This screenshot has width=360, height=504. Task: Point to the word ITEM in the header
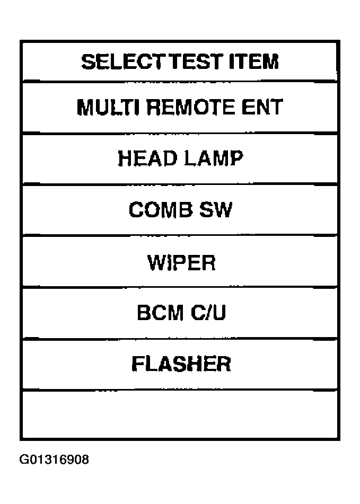pos(254,61)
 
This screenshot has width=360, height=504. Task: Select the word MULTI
pos(108,107)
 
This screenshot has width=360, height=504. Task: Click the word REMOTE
pos(191,107)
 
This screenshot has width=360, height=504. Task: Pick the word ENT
pos(262,107)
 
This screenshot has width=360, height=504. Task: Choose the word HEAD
pos(147,158)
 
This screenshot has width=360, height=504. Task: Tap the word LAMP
pos(214,158)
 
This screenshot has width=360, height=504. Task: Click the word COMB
pos(161,209)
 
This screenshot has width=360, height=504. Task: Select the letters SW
pos(215,209)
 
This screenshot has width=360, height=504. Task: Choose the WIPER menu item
pos(182,263)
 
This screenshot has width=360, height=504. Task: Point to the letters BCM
pos(160,313)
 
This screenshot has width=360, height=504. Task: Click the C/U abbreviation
pos(208,313)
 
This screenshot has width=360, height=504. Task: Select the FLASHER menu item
pos(181,364)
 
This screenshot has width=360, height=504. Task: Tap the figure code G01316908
pos(54,459)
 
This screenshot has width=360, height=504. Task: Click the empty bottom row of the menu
pos(180,414)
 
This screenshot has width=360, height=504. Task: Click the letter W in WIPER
pos(156,263)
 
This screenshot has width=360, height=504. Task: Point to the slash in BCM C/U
pos(207,313)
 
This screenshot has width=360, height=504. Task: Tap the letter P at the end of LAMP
pos(237,158)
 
